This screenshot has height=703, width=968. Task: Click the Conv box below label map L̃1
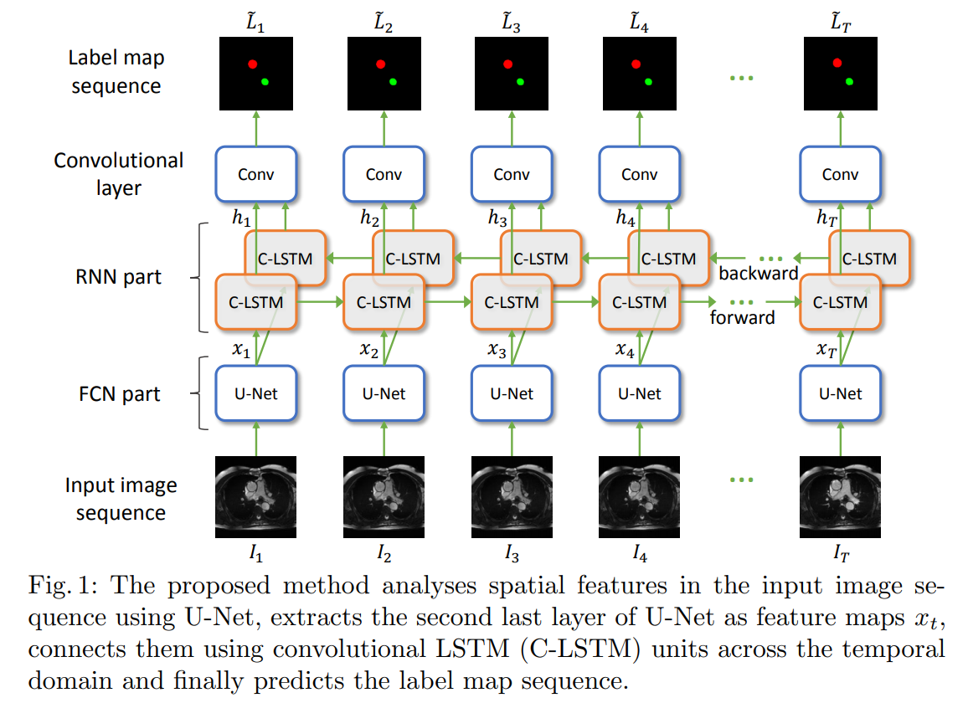(256, 174)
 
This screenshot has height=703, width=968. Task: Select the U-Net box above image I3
(511, 393)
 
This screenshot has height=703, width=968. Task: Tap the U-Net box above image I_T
(840, 393)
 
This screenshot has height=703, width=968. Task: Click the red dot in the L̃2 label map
(380, 64)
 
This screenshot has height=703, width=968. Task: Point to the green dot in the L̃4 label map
(648, 81)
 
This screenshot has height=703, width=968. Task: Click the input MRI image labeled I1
(256, 496)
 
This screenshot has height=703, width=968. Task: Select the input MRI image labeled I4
(639, 496)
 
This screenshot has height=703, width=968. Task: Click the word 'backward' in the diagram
(758, 274)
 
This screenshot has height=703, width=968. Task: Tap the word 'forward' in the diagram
(742, 317)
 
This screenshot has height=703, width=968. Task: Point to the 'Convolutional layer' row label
(118, 174)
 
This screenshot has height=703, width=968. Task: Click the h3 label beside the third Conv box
(497, 217)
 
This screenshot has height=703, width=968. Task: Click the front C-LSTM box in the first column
(255, 301)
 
